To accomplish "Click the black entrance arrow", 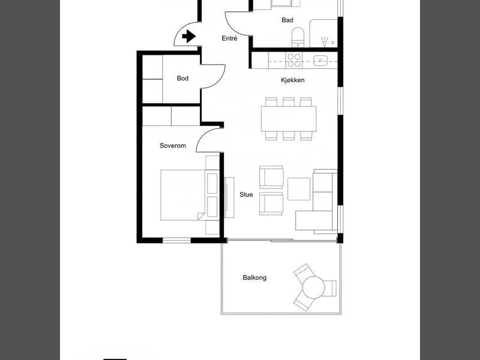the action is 189,36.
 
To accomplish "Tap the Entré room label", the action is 229,38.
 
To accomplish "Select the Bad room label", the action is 287,20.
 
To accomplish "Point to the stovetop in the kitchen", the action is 294,60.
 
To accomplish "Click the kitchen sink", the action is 320,61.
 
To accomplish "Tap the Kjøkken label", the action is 293,80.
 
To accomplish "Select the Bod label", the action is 182,79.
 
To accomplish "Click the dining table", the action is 289,119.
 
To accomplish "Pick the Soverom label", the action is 173,146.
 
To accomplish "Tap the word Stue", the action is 246,194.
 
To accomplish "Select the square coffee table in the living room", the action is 299,189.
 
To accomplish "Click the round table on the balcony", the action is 313,287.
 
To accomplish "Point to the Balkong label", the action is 254,278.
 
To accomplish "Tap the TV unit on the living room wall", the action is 229,197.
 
